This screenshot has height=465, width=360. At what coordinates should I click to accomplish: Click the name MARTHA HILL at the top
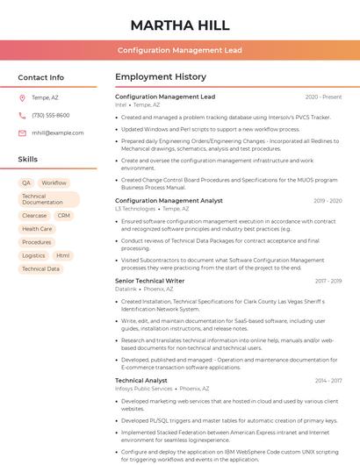[179, 25]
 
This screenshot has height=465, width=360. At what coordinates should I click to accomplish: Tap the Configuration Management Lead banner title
[179, 51]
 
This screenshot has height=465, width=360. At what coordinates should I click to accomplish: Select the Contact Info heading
[41, 77]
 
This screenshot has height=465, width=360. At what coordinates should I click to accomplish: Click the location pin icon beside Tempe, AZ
[22, 98]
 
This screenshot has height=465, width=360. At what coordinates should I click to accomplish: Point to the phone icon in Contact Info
[22, 116]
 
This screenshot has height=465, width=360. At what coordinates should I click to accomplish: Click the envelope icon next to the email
[22, 133]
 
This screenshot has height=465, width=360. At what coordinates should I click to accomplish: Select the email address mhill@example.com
[58, 133]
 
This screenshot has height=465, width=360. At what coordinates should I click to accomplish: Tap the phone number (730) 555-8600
[51, 116]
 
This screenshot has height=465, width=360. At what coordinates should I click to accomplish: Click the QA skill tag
[26, 183]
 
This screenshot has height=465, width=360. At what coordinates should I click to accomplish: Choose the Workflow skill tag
[54, 183]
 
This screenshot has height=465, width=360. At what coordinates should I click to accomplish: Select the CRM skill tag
[64, 215]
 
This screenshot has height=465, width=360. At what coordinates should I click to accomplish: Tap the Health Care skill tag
[37, 229]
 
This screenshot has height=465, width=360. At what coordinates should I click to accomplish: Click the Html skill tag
[63, 255]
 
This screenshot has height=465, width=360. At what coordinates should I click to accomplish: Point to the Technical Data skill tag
[40, 269]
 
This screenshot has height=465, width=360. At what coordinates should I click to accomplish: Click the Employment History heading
[161, 77]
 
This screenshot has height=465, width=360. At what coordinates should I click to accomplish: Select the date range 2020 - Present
[323, 97]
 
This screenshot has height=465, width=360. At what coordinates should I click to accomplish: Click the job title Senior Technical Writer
[149, 281]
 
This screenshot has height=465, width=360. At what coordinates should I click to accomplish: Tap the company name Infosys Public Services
[143, 389]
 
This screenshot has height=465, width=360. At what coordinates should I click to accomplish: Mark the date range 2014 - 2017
[328, 381]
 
